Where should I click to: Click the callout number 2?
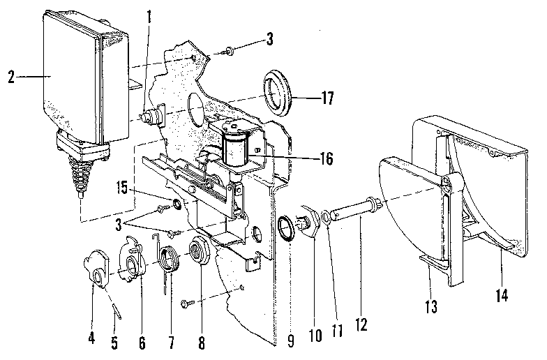click(11, 76)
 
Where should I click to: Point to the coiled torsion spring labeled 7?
click(167, 262)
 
